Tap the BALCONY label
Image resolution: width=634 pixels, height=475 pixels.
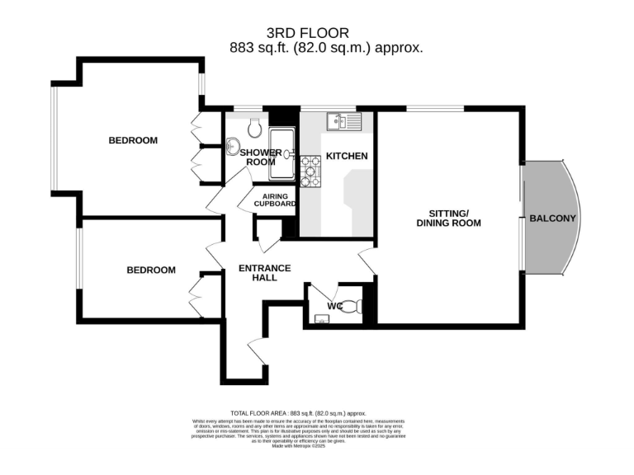(554, 219)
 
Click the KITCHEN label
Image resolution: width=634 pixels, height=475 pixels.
(347, 156)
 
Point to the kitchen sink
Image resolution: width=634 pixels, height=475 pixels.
(343, 121)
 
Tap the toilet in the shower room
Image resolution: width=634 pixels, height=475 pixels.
(254, 127)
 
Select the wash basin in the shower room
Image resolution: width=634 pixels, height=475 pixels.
(232, 148)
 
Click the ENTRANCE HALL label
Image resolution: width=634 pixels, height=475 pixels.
(264, 272)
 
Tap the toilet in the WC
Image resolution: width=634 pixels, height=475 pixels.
(352, 307)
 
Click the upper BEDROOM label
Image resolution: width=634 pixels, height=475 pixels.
(133, 140)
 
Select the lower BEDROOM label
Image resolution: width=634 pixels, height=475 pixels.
(151, 270)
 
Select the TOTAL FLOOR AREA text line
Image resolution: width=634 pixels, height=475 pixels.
(297, 412)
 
